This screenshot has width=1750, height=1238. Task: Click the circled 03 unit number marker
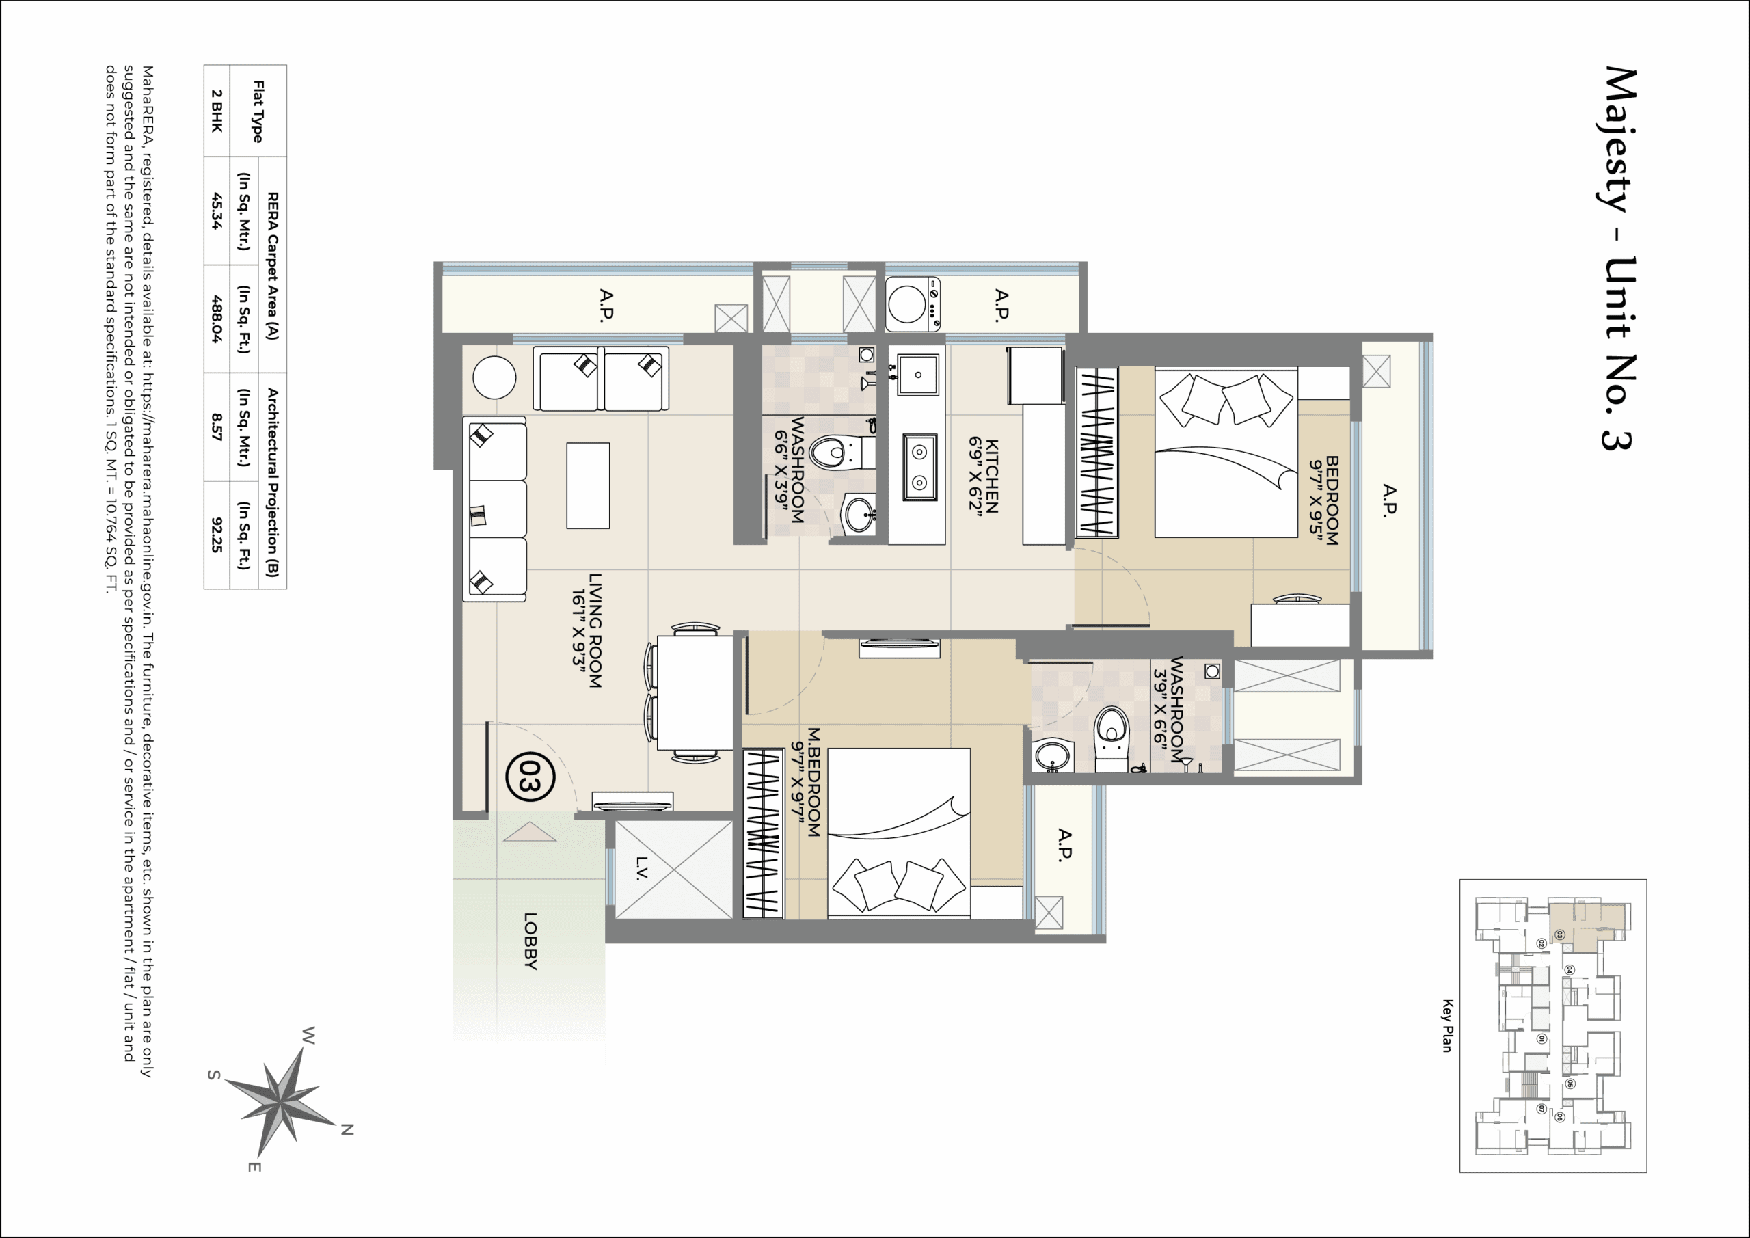pyautogui.click(x=530, y=777)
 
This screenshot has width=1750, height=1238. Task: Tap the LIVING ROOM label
pyautogui.click(x=588, y=630)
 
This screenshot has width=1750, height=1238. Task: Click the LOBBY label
pyautogui.click(x=530, y=941)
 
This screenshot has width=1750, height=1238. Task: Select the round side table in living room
pyautogui.click(x=494, y=377)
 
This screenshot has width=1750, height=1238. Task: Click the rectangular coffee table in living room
pyautogui.click(x=588, y=485)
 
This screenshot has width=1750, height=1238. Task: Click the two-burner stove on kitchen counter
pyautogui.click(x=920, y=468)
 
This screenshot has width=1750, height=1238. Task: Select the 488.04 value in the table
pyautogui.click(x=217, y=319)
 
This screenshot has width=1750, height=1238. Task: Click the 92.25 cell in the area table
pyautogui.click(x=217, y=535)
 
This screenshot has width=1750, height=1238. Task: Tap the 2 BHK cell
pyautogui.click(x=217, y=111)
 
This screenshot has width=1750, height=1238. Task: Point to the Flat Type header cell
pyautogui.click(x=258, y=111)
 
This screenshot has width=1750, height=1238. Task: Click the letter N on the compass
pyautogui.click(x=347, y=1129)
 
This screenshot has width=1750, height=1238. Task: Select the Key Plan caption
pyautogui.click(x=1446, y=1026)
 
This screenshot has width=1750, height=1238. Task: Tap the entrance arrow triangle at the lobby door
pyautogui.click(x=530, y=833)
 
